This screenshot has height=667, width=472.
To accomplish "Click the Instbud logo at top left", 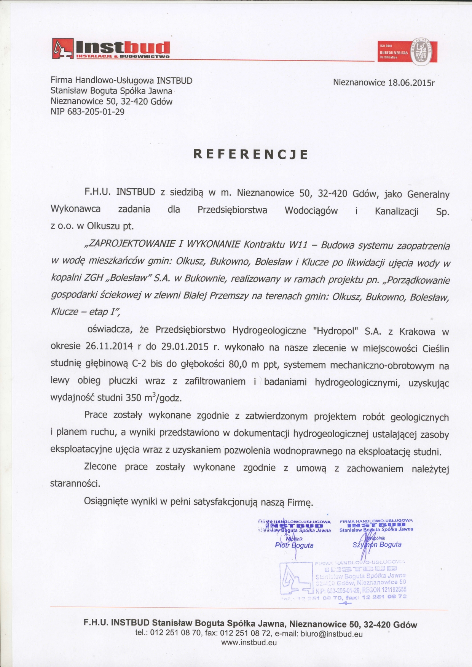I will [110, 49].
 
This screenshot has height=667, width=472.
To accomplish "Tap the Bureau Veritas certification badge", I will [407, 52].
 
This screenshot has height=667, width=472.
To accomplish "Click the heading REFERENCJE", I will [250, 154].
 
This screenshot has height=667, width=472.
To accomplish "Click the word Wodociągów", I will [311, 210].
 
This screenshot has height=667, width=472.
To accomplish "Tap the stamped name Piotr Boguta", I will [294, 545].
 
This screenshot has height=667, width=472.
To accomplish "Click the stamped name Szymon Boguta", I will [377, 545].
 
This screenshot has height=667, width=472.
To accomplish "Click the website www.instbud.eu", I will [249, 643].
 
